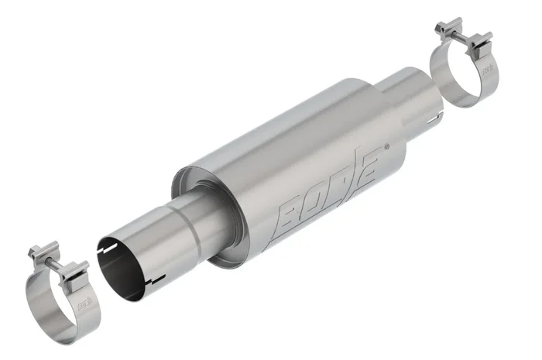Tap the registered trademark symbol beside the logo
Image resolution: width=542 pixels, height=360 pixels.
point(386,146)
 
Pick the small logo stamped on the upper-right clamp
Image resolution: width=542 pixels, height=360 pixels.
point(487,72)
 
